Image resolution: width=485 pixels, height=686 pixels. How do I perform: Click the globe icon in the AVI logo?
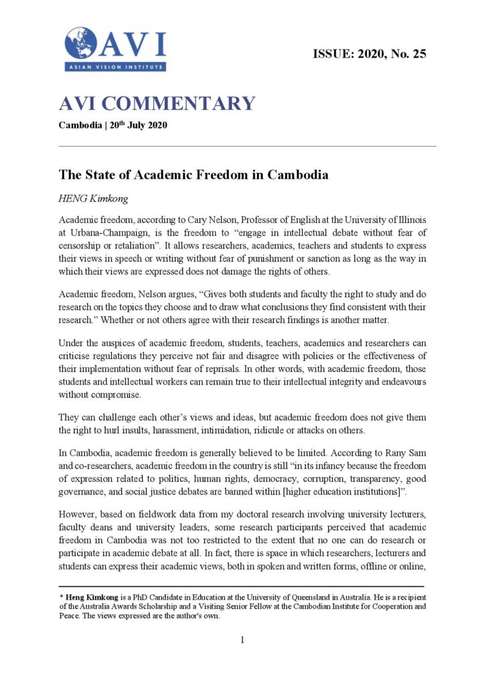[x=80, y=43]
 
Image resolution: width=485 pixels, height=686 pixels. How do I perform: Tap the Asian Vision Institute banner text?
[x=115, y=67]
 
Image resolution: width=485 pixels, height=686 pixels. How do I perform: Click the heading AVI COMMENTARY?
[x=157, y=103]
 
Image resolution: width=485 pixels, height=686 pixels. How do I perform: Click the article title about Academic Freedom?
[x=194, y=175]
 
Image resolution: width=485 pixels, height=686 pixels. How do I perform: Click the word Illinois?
[x=407, y=220]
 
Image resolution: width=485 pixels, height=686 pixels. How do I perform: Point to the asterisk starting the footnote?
[x=61, y=596]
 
